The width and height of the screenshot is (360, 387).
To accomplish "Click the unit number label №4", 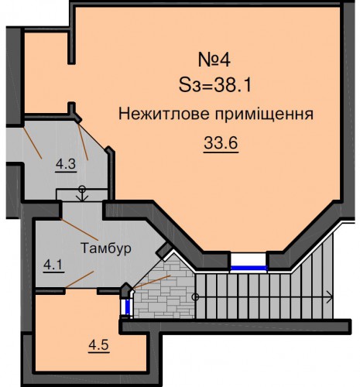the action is click(x=214, y=60).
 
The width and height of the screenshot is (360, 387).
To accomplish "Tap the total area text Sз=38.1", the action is click(x=215, y=85).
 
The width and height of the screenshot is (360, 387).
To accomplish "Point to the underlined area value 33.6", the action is click(x=221, y=143).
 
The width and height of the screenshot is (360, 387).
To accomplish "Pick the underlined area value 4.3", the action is click(x=66, y=164).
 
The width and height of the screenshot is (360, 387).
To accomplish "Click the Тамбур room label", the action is click(x=106, y=248).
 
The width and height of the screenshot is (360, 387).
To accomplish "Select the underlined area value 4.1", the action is click(x=54, y=265).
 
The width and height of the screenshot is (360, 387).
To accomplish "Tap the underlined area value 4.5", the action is click(x=99, y=345).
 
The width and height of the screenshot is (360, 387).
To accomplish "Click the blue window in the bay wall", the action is click(x=249, y=268).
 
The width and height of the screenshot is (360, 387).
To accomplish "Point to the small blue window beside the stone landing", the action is click(x=127, y=307).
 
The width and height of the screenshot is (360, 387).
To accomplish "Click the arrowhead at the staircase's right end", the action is click(x=330, y=297).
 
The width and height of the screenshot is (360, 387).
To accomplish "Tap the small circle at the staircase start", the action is click(x=195, y=297).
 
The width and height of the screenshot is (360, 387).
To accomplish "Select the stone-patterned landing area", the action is click(x=164, y=292).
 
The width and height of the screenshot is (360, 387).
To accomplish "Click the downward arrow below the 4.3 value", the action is click(x=82, y=195).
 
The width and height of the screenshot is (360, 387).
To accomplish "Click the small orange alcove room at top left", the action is click(x=46, y=73).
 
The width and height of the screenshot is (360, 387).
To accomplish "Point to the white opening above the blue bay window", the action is click(x=249, y=259).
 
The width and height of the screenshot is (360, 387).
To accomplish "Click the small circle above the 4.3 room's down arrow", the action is click(x=82, y=187).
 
